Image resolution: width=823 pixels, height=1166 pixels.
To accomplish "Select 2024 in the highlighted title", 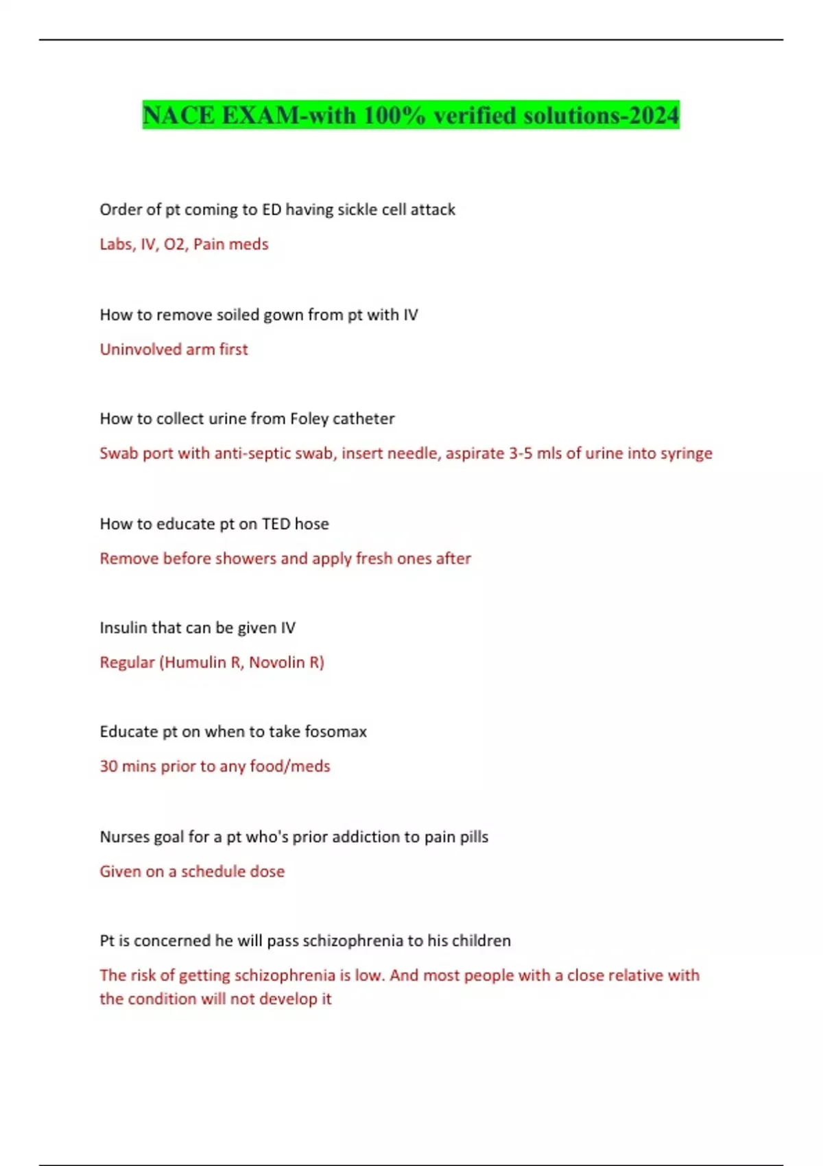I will pyautogui.click(x=654, y=115).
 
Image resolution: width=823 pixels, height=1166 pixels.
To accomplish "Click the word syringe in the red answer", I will pyautogui.click(x=686, y=453).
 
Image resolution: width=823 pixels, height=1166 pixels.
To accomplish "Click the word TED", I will pyautogui.click(x=276, y=524).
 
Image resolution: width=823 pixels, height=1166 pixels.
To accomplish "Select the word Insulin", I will pyautogui.click(x=123, y=628).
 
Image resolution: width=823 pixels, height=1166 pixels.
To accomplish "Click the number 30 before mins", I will pyautogui.click(x=108, y=766).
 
